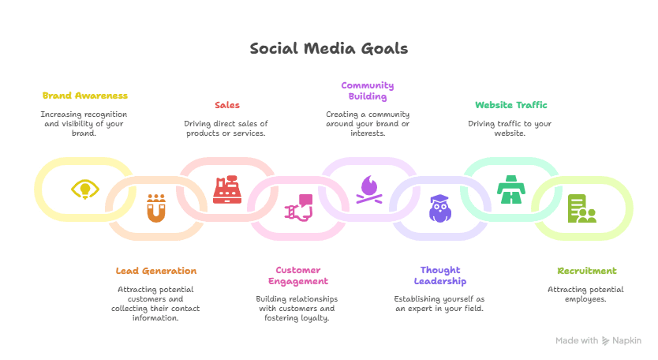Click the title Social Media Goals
[329, 49]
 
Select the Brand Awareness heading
[84, 96]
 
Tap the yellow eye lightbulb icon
[84, 189]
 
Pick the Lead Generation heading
[155, 271]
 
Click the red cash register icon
[226, 190]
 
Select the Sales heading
[226, 105]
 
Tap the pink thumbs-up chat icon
[298, 208]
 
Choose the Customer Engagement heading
[297, 276]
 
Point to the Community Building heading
[368, 91]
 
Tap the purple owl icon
[439, 208]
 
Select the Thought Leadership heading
[440, 276]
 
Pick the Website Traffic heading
[510, 105]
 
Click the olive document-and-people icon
[581, 208]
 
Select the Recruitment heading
[581, 271]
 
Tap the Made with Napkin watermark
[598, 340]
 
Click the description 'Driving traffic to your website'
[510, 128]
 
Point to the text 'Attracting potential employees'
[581, 294]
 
